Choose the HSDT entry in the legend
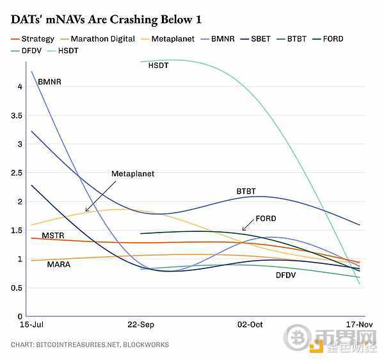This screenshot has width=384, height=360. [69, 50]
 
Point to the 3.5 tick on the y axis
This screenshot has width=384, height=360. [17, 115]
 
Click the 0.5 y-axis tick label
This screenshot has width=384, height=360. [17, 288]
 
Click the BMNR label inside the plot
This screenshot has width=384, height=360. [49, 82]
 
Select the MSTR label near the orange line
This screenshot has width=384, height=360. [53, 236]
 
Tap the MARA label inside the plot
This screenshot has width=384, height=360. [59, 264]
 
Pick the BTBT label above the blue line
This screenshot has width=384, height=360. [246, 192]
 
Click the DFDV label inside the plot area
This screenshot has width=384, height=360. [286, 275]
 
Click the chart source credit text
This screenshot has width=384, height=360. [90, 345]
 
